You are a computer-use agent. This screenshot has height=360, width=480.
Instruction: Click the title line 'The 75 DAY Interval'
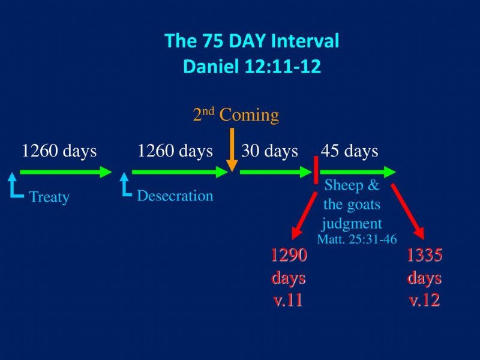click(x=251, y=40)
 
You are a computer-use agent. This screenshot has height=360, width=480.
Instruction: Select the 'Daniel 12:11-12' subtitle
click(x=251, y=66)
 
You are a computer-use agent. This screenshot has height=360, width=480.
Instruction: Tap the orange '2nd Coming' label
click(x=236, y=115)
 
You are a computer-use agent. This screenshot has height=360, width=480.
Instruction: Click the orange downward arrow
click(x=232, y=149)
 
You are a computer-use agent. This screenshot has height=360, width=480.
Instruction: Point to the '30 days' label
click(x=269, y=151)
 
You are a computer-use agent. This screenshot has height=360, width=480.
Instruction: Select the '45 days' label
click(x=349, y=151)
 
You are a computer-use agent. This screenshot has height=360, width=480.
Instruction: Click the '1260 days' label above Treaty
click(x=59, y=151)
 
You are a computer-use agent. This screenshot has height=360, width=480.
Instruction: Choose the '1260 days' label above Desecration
click(x=175, y=151)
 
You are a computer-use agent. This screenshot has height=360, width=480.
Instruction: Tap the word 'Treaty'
click(x=49, y=197)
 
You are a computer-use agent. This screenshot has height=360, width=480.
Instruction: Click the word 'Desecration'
click(x=175, y=196)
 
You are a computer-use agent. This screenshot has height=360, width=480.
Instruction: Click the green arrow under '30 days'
click(x=276, y=172)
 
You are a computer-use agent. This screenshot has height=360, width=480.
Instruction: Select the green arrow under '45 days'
click(x=358, y=172)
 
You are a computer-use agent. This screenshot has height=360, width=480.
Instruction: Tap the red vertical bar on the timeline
click(x=316, y=170)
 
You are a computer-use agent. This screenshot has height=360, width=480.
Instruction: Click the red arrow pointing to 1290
click(x=304, y=216)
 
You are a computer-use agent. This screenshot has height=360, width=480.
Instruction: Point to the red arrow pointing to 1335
click(x=408, y=212)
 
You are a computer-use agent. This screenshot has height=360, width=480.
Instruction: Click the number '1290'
click(x=289, y=254)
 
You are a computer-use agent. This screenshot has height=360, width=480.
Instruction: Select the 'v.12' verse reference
click(x=425, y=300)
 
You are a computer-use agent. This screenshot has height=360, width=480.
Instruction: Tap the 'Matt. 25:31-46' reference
click(x=356, y=239)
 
